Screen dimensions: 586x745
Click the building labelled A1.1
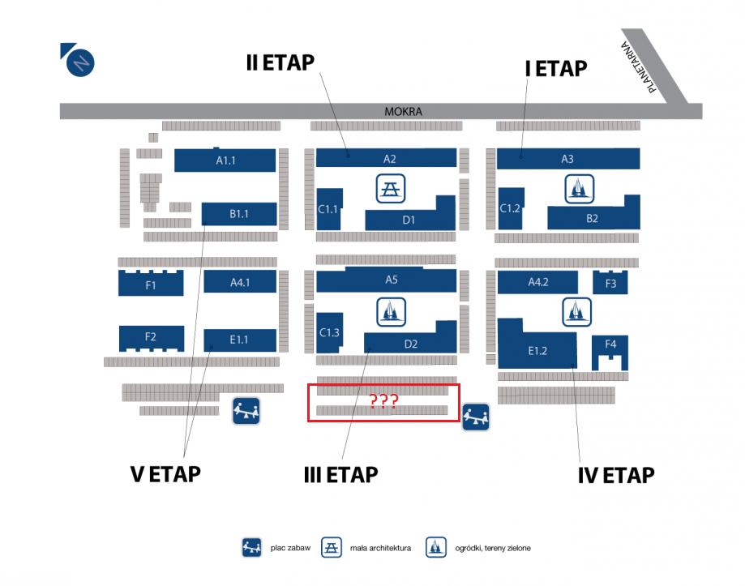[225, 160]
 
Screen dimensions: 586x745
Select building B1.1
[238, 214]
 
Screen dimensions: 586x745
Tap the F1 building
[151, 284]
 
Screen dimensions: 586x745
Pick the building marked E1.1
[238, 339]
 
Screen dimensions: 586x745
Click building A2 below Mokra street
[389, 158]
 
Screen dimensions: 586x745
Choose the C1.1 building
[328, 210]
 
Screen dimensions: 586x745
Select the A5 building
[391, 280]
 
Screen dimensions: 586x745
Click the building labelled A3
[567, 159]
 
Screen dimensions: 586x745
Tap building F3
[610, 283]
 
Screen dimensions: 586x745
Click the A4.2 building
[538, 282]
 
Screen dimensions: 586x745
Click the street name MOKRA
[404, 112]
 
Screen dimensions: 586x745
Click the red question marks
[383, 401]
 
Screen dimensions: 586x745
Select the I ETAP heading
[556, 69]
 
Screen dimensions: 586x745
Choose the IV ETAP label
[616, 475]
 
